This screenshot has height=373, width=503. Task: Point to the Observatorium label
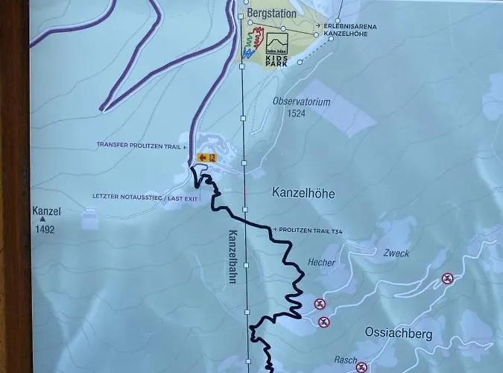click(x=301, y=101)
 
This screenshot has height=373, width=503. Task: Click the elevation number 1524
click(x=296, y=114)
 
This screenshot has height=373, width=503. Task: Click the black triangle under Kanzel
click(x=42, y=220)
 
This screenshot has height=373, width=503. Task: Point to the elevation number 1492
click(x=45, y=231)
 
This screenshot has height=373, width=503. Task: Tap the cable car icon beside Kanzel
click(x=89, y=219)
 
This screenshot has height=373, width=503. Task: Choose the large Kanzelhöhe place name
click(x=303, y=194)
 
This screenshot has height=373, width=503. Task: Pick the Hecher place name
click(x=321, y=263)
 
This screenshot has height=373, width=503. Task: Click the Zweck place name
click(x=396, y=254)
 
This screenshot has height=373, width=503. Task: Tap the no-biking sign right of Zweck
click(x=447, y=279)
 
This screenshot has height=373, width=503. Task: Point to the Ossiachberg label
click(x=399, y=333)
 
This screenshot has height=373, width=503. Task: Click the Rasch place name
click(x=345, y=360)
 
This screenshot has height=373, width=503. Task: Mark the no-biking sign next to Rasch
click(x=362, y=367)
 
